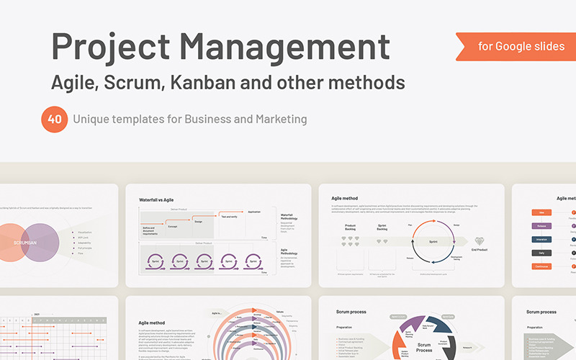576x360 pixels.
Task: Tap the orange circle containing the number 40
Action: click(54, 119)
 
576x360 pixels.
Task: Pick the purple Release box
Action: click(542, 225)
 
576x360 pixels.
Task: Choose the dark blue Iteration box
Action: click(542, 239)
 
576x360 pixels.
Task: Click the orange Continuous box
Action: click(542, 266)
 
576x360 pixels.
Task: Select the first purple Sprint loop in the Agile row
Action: click(153, 261)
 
